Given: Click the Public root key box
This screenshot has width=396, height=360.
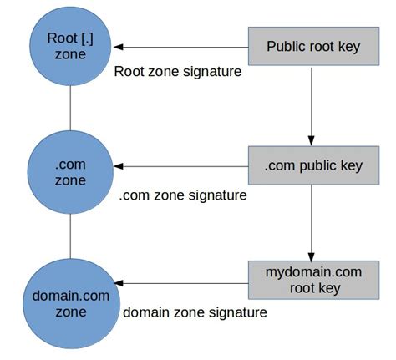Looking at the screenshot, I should tap(313, 46).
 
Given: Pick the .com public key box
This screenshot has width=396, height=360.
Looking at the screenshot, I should tap(313, 165).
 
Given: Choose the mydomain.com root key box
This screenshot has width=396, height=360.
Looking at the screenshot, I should tap(312, 281).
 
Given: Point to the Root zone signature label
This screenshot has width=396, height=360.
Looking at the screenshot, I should tap(177, 72).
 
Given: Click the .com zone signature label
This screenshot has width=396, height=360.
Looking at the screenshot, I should tap(183, 195).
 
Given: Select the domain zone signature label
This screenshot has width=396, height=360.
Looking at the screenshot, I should tap(195, 312).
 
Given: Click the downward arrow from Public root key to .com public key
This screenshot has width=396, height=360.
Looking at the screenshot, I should tap(312, 105).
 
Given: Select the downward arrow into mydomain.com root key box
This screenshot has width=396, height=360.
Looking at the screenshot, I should tap(312, 223).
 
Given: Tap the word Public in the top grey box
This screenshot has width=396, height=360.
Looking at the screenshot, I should tap(286, 46).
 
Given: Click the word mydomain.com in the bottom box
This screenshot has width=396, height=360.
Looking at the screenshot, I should tap(312, 272).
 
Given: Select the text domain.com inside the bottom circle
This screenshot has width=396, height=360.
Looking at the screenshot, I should tap(69, 295).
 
